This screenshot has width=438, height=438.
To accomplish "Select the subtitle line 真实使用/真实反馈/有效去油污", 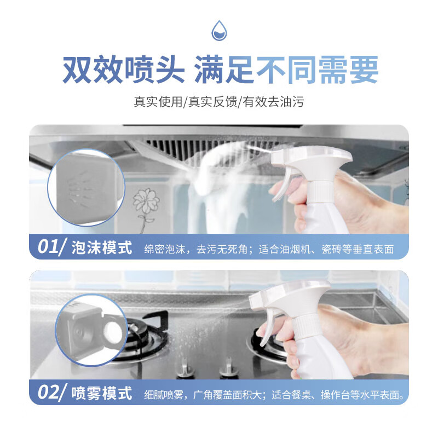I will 219,102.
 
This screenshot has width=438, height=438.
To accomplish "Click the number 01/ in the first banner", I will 52,247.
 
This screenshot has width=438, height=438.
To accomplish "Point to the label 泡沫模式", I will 102,248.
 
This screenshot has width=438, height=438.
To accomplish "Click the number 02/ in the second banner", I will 53,393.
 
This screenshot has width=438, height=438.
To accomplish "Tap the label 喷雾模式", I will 102,393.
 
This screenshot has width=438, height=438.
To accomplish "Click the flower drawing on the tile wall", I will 145,203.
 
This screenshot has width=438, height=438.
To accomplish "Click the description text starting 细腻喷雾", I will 276,394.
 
